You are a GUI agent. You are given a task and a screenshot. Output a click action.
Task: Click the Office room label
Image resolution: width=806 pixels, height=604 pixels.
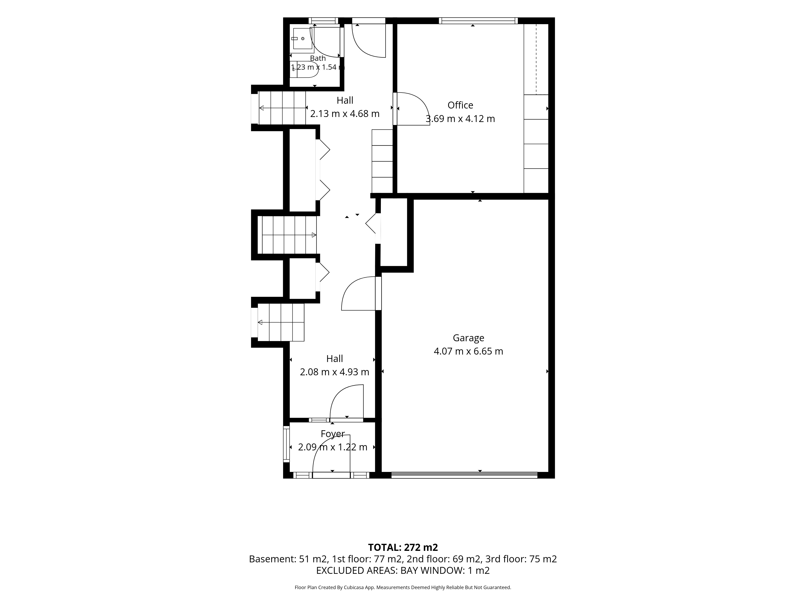pyautogui.click(x=460, y=105)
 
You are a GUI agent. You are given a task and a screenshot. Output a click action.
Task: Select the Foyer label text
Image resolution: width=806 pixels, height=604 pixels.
pyautogui.click(x=333, y=434)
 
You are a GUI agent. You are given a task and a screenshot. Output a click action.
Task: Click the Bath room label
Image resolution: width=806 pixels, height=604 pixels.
pyautogui.click(x=318, y=58)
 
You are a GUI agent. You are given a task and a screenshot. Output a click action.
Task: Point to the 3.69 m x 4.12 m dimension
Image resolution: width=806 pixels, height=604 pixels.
pyautogui.click(x=460, y=119)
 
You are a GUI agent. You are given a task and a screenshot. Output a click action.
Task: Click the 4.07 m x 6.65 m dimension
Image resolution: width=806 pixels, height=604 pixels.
pyautogui.click(x=468, y=351)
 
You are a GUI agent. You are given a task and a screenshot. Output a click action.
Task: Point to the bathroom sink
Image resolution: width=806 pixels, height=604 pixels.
pyautogui.click(x=302, y=39)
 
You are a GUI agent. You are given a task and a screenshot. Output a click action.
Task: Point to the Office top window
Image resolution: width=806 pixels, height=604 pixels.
pyautogui.click(x=478, y=21)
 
